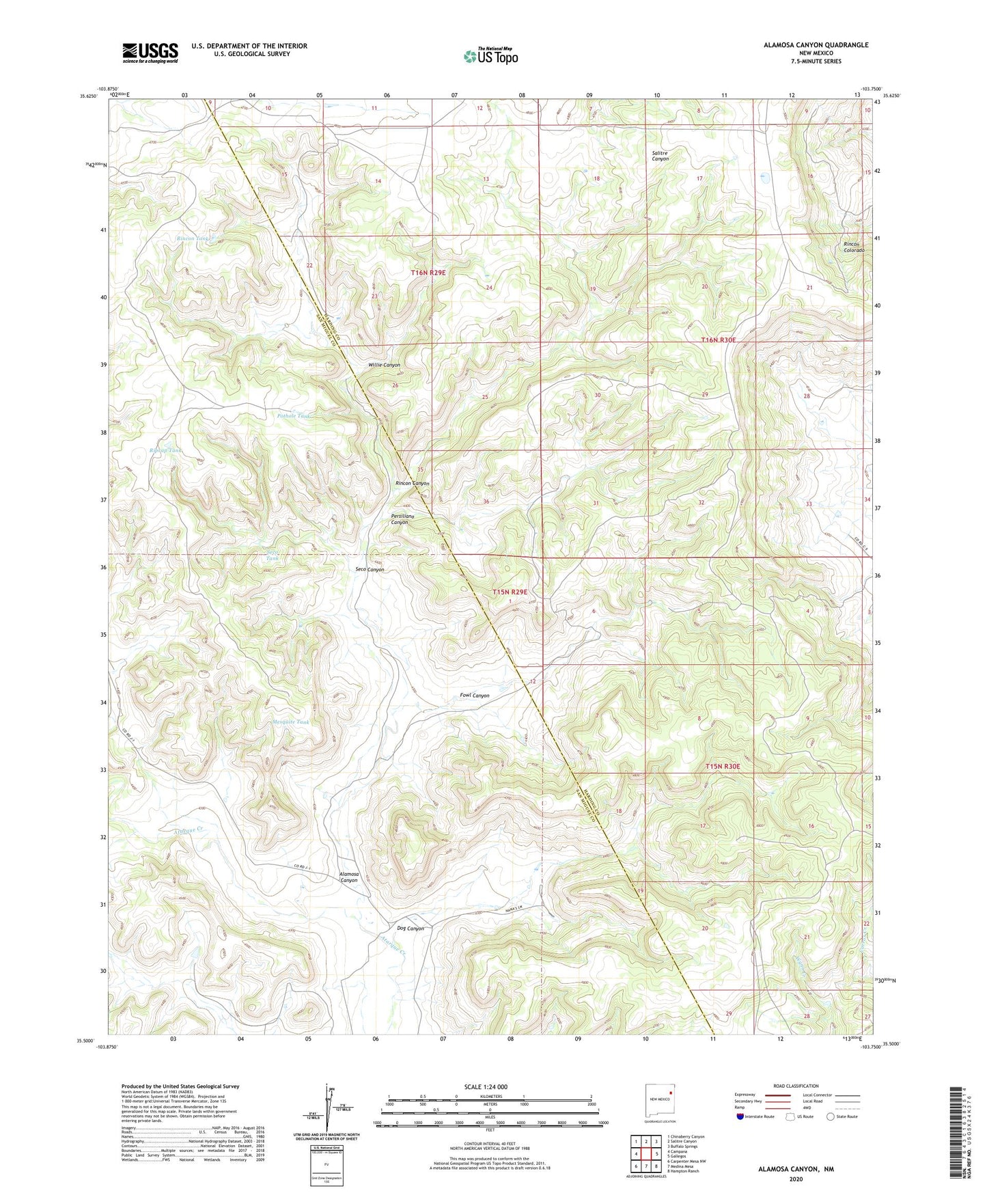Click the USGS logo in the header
pos(150,53)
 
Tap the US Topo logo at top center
pos(490,56)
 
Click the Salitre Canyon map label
pos(660,155)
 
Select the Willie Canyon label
pos(385,365)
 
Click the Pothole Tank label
pos(294,415)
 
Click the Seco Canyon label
pos(370,569)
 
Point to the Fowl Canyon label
pos(474,696)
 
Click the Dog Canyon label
pos(411,929)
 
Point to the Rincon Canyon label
pos(413,483)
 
